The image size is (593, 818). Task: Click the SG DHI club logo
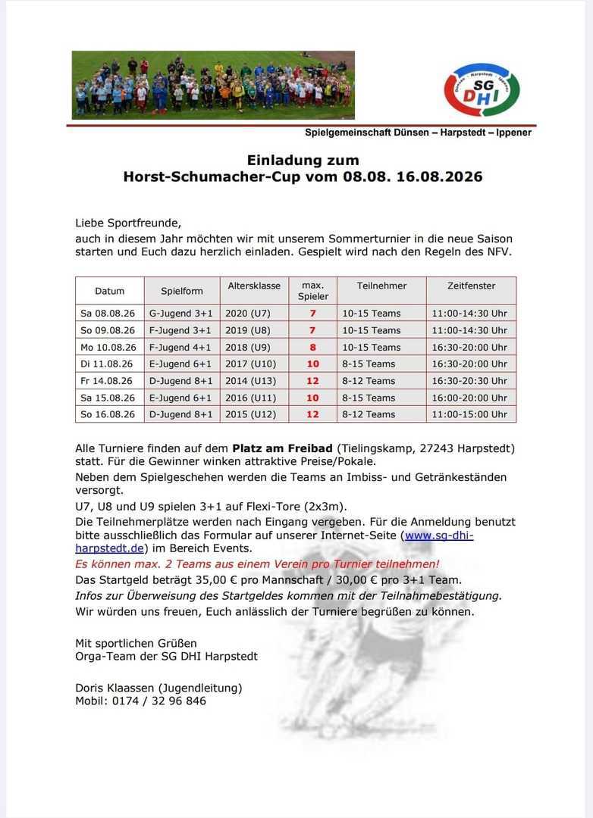481,90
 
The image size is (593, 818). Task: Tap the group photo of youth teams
213,85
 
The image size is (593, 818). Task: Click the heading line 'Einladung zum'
303,160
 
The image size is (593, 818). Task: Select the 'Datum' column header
110,291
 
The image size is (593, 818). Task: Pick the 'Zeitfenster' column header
471,286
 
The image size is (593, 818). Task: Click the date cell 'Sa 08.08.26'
108,313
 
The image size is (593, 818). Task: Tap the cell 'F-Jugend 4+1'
180,347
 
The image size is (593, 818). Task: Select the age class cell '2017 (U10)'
252,364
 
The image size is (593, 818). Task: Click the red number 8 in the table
312,347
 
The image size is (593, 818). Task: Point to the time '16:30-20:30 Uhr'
469,380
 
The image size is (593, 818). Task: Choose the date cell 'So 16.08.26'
108,414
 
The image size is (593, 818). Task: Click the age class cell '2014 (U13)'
251,380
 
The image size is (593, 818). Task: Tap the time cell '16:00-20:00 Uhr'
469,398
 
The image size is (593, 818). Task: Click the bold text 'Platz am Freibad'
284,448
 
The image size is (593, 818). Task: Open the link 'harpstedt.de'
110,548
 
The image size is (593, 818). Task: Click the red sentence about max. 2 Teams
257,564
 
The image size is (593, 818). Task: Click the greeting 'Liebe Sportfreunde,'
128,223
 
